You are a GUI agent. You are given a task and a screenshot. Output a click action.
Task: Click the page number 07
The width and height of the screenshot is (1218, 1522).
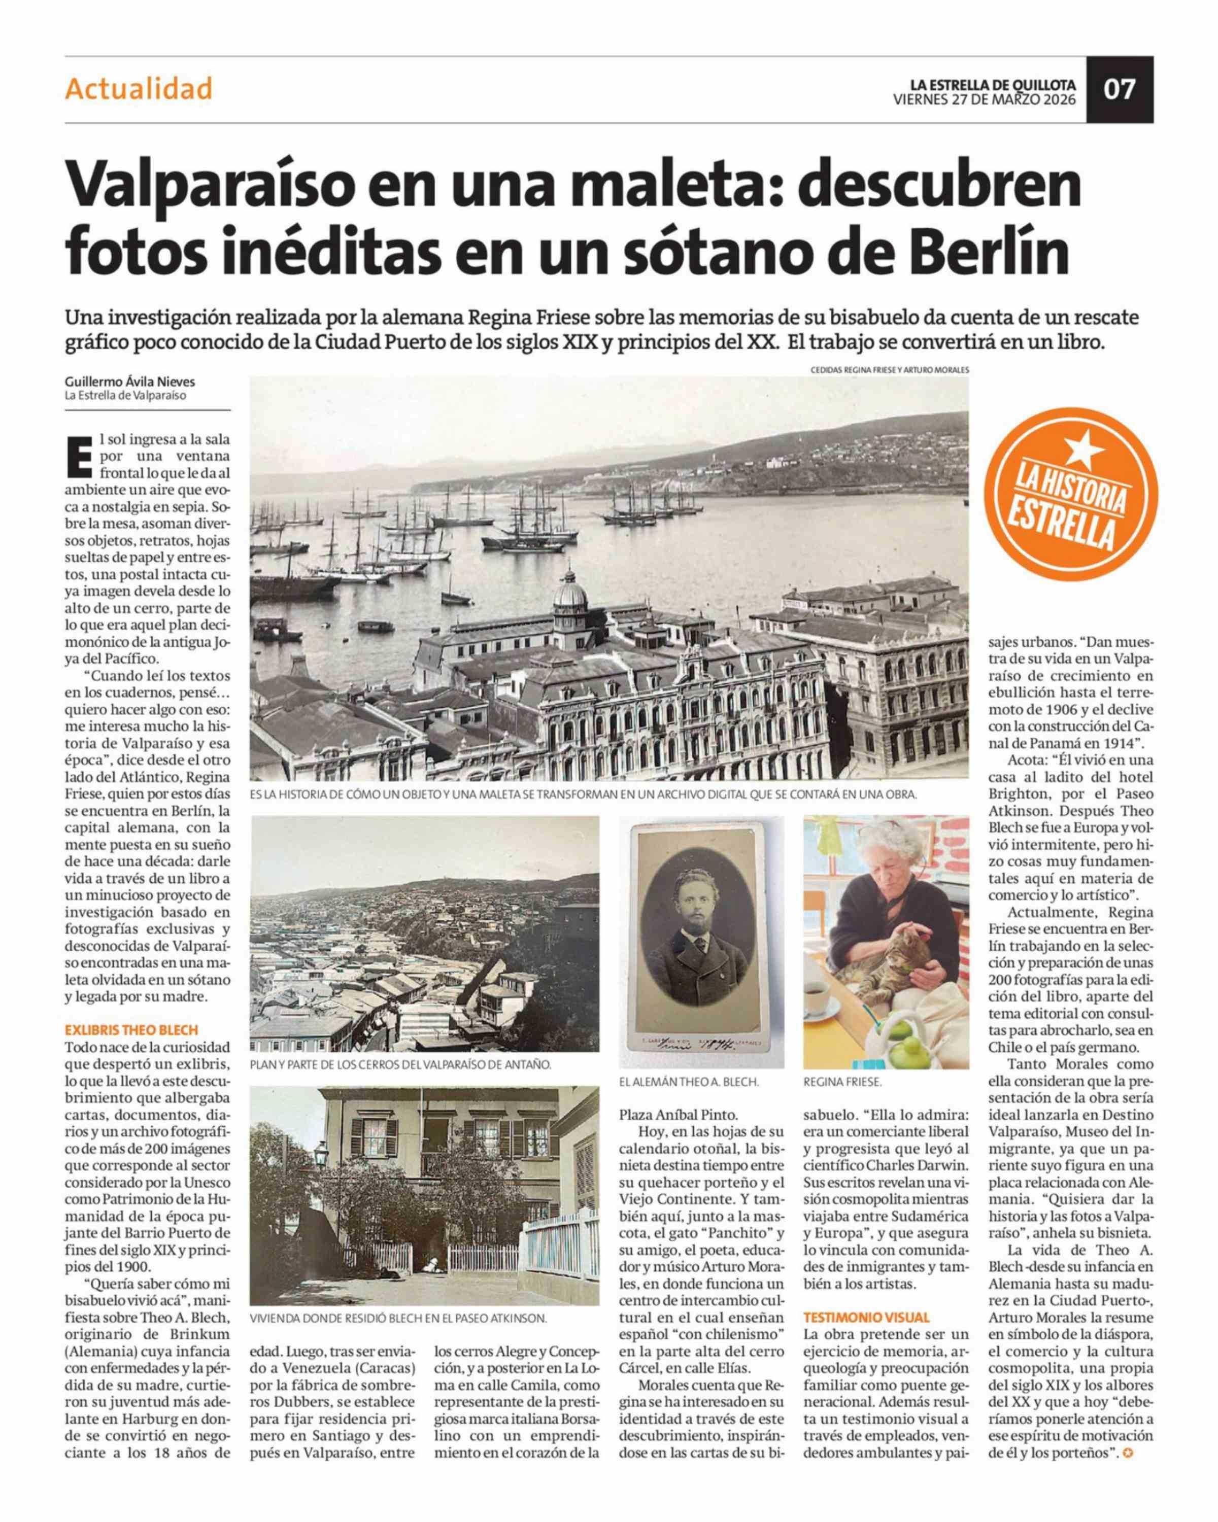1119,90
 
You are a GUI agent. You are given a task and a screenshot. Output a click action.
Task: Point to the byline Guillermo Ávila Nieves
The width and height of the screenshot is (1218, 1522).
130,382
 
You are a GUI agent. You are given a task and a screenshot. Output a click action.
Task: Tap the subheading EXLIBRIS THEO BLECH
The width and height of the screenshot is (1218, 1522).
131,1029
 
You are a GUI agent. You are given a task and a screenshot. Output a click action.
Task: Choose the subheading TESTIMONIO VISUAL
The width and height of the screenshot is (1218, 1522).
866,1317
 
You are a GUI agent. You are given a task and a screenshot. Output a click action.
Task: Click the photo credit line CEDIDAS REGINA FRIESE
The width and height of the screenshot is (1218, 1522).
889,369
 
